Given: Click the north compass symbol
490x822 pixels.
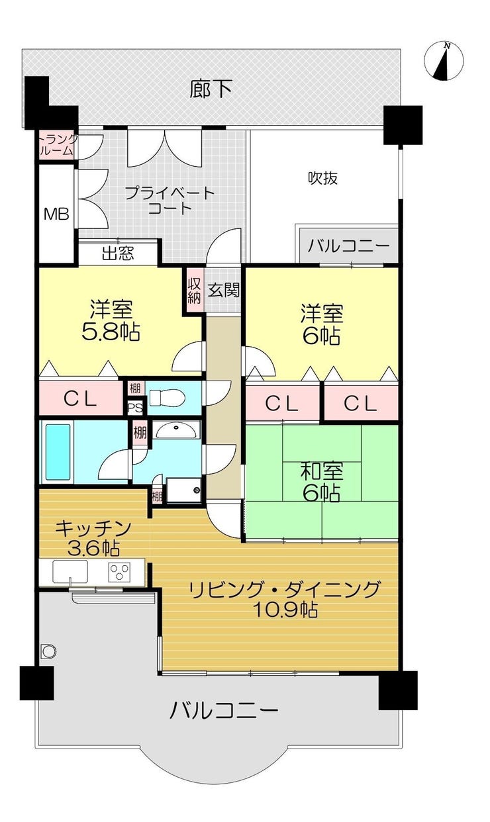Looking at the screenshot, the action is [x=444, y=61].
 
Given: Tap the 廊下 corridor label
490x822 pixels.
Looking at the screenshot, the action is [x=211, y=89].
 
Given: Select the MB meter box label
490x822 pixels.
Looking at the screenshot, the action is [x=56, y=214].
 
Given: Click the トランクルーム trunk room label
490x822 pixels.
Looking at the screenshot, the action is [x=58, y=144].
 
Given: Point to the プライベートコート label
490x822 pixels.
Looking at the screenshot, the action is [x=170, y=201].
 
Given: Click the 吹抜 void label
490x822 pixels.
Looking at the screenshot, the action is [x=322, y=178].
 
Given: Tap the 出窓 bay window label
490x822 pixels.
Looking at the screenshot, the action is [x=118, y=253].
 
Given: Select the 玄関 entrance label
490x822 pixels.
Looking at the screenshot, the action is [x=224, y=291].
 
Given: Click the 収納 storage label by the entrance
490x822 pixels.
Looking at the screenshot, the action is [x=195, y=291].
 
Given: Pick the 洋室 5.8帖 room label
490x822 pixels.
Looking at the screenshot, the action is [x=111, y=320].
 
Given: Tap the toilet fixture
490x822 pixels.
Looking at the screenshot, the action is [x=167, y=398].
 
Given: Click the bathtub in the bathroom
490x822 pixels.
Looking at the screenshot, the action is [x=57, y=452].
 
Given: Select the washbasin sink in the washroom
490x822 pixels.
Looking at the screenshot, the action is [x=177, y=430].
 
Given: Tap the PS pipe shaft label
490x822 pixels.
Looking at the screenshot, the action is [x=135, y=408].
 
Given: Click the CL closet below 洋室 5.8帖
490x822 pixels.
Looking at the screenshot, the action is [x=81, y=398].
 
